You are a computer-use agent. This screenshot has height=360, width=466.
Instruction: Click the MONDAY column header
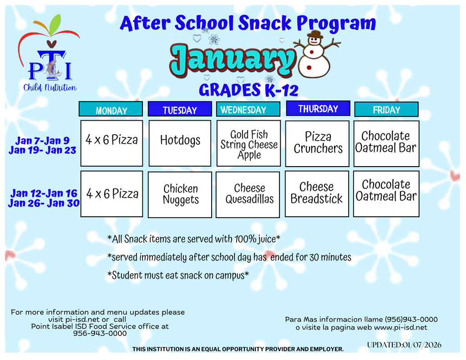coord(111,110)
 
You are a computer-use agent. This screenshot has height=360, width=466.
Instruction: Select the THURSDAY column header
coord(318,109)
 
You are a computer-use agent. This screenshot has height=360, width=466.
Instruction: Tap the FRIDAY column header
coord(386,110)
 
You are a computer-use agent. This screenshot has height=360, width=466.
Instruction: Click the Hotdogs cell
coord(180,143)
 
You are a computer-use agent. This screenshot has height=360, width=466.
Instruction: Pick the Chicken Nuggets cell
coord(180,194)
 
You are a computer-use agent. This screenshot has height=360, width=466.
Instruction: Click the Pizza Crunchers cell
coord(317,143)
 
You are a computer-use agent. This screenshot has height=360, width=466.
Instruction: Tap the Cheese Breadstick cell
coord(317,193)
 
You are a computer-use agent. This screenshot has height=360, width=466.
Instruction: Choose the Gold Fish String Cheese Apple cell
coord(248,144)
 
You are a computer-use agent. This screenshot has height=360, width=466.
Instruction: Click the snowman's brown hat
coord(314,35)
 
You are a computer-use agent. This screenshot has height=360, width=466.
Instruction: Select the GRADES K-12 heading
coord(248,91)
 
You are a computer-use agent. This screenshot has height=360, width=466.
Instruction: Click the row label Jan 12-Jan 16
coord(44,193)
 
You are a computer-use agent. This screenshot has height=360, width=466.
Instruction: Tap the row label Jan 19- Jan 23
coord(42,151)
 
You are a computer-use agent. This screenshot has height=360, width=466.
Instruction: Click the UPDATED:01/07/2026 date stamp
coord(404,345)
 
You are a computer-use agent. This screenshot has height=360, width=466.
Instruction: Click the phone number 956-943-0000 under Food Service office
coord(100,333)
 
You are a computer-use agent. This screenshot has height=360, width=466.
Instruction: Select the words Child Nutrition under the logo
coord(50,87)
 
